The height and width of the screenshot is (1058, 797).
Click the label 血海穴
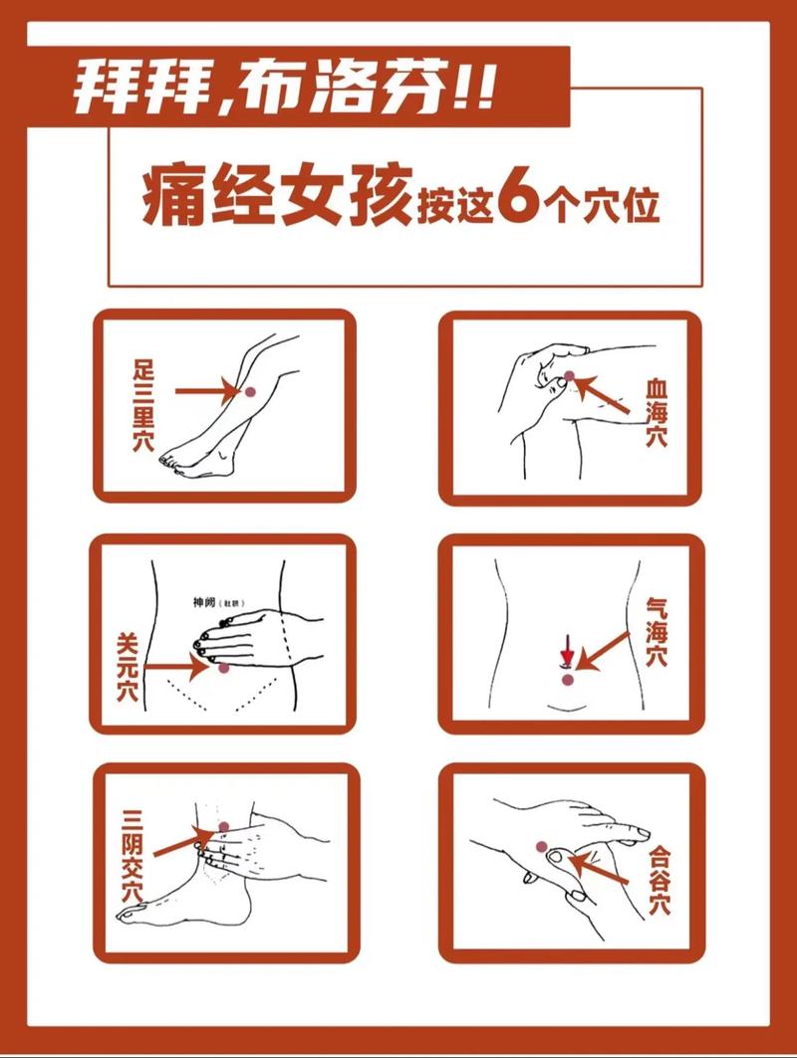tap(656, 411)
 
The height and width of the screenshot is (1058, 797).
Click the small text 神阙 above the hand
tap(204, 602)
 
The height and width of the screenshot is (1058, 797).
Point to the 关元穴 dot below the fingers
tap(225, 668)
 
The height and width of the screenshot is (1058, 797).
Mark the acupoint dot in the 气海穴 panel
tap(567, 679)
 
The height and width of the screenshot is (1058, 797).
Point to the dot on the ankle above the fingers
tap(225, 827)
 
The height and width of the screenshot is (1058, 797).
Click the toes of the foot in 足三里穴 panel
tap(171, 461)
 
